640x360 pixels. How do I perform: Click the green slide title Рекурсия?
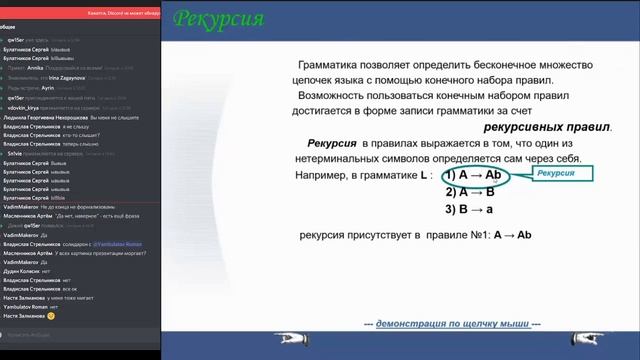click(219, 19)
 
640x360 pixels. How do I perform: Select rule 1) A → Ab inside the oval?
click(474, 176)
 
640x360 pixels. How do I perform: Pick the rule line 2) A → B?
click(471, 192)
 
